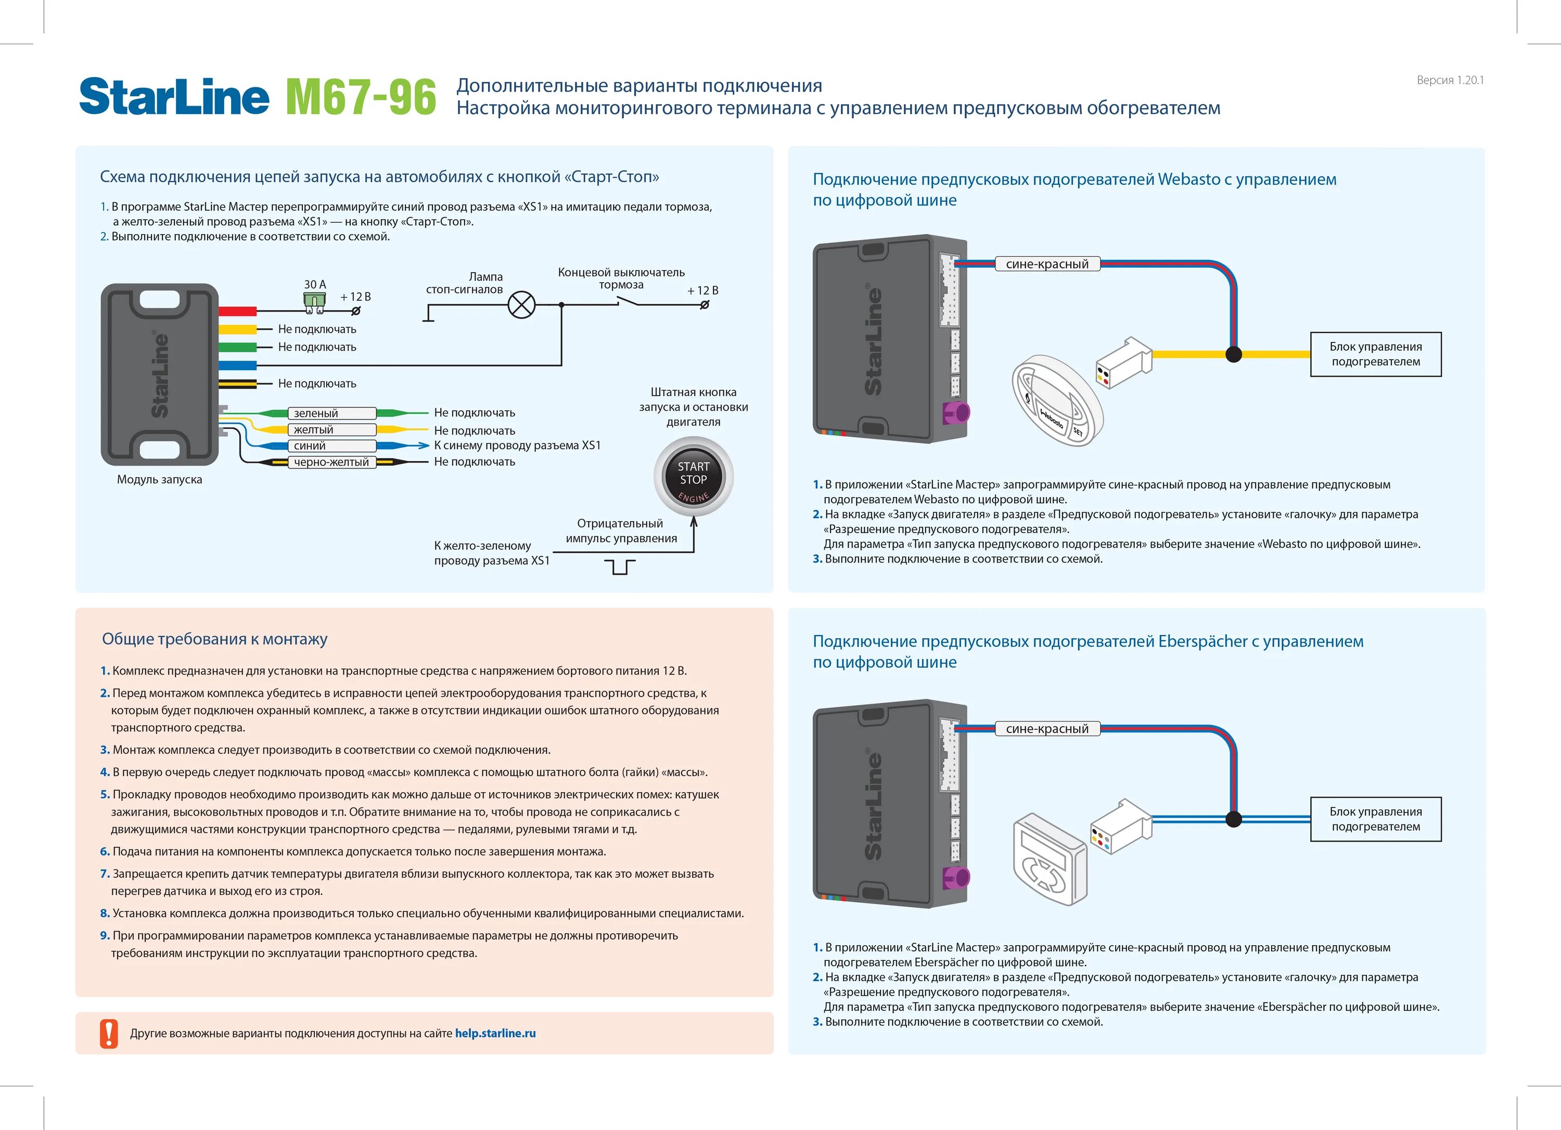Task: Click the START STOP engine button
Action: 693,476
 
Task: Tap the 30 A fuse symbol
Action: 314,301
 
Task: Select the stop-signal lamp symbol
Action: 521,304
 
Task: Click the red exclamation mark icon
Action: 109,1033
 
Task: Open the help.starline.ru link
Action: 495,1033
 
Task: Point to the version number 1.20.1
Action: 1450,80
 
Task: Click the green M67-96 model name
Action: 361,97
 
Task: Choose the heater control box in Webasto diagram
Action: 1375,354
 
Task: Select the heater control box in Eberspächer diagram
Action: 1375,819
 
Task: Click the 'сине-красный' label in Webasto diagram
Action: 1047,264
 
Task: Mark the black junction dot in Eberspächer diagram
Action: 1233,819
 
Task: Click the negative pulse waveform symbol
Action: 619,567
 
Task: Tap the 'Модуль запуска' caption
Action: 159,479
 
